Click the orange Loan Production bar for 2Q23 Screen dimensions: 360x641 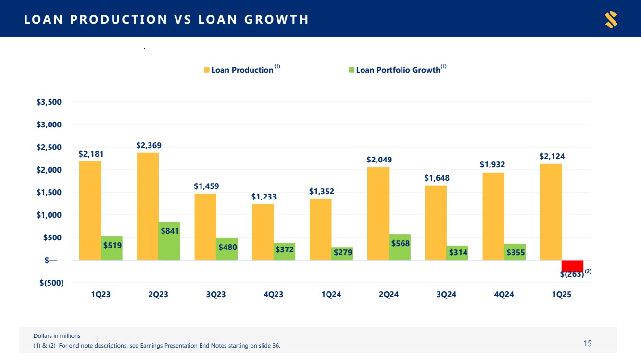[148, 206]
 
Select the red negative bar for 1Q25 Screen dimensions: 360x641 [572, 265]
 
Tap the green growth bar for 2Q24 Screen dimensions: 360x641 [400, 247]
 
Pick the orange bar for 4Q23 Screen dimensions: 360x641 [263, 232]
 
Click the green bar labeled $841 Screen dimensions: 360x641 [169, 241]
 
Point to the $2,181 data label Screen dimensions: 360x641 [91, 154]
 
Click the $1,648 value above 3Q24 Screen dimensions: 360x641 [437, 178]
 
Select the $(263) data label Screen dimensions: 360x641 [572, 274]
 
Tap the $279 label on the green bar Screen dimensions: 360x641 [342, 252]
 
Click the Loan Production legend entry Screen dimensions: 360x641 [241, 70]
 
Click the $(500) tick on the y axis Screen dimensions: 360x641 [51, 283]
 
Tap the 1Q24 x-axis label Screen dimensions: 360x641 [331, 295]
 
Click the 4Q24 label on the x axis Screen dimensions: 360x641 [504, 295]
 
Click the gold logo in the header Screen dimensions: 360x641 [611, 19]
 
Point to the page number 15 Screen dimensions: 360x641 [588, 343]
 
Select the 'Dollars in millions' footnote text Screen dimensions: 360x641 [57, 335]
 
